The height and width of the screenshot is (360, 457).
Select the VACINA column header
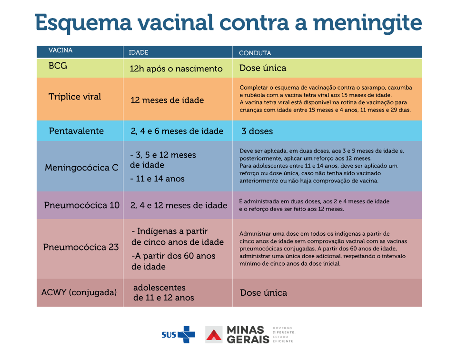60,50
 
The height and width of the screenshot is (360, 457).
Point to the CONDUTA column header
255,53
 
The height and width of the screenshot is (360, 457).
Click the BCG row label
58,66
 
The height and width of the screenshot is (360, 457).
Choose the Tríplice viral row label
75,97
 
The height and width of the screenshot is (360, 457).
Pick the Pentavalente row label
76,131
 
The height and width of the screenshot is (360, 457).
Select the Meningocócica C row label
81,168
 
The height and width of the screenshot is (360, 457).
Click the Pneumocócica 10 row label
82,205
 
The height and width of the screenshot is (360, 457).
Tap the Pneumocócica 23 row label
81,247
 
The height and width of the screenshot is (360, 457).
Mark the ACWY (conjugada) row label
79,292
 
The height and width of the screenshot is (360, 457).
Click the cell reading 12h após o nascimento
176,69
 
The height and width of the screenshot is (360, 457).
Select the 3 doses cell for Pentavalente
257,131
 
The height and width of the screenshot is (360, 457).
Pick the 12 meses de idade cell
167,100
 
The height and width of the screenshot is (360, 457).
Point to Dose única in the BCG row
263,68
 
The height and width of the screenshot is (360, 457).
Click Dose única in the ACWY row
263,293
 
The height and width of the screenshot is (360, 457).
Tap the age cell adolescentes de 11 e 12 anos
163,293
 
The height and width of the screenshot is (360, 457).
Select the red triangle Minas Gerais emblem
214,334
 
